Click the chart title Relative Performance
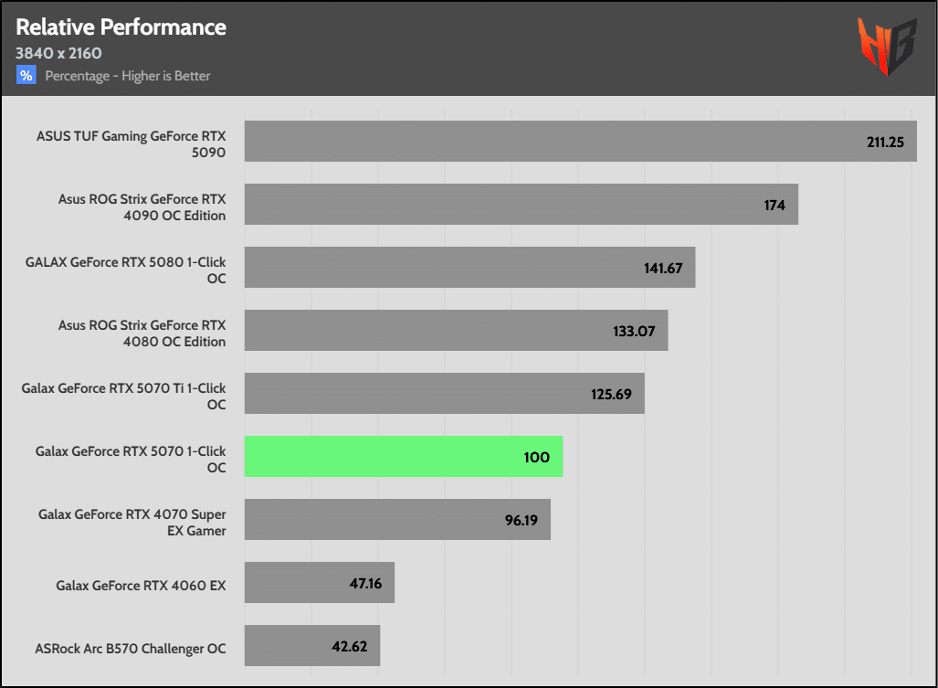(121, 26)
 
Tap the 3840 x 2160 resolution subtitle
(58, 53)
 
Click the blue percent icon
(26, 76)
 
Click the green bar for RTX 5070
(403, 456)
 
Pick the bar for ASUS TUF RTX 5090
(580, 142)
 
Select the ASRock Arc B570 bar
(311, 646)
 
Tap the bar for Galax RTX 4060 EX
(319, 583)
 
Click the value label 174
(775, 205)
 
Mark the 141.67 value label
(662, 268)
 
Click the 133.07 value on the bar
(634, 331)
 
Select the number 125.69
(612, 394)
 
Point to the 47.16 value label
(366, 583)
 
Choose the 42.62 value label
(350, 646)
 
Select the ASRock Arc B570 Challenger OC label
(131, 648)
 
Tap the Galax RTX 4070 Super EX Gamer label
(132, 522)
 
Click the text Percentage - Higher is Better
(128, 76)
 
